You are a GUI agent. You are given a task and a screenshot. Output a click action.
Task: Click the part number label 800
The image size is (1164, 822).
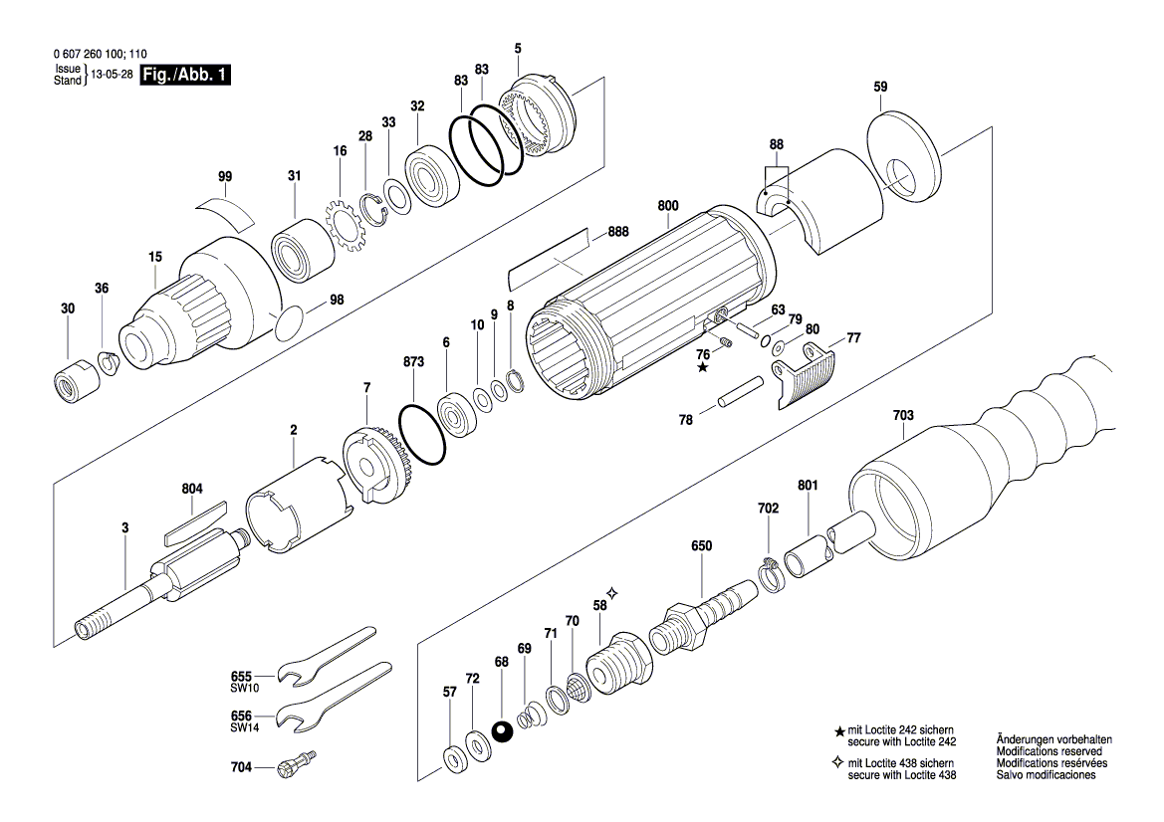point(668,206)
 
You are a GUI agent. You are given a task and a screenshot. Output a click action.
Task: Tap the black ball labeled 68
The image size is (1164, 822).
point(502,732)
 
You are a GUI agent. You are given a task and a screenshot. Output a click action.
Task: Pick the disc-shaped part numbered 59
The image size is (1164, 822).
point(905,160)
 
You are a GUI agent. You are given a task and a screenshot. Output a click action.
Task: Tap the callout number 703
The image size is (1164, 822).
point(903,415)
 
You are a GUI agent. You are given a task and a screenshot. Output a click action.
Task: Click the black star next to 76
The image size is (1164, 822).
point(703,368)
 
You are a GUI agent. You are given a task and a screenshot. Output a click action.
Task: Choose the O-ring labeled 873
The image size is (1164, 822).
point(422,434)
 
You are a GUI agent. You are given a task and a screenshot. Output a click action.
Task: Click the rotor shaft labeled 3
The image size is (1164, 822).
point(149,597)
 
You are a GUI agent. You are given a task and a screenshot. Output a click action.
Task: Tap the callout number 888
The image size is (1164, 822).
point(618,234)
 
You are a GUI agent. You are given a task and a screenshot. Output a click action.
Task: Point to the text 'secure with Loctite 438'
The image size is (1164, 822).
point(901,774)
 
